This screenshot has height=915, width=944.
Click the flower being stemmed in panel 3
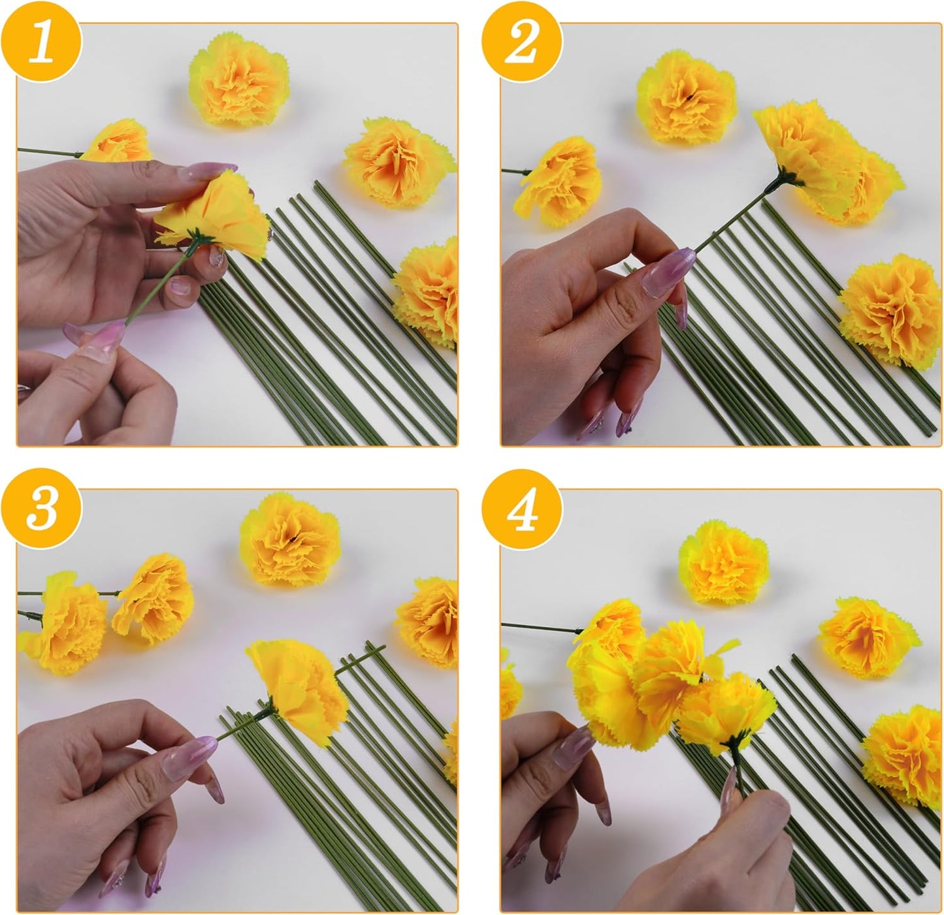pyautogui.click(x=301, y=682)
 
